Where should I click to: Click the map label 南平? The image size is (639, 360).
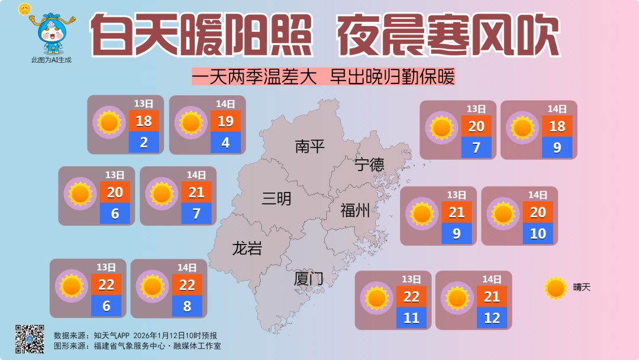coord(310,146)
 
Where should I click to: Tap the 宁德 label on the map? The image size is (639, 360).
coord(370,164)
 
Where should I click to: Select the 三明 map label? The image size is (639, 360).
coord(277,199)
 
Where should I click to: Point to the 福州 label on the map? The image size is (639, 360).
coord(355,210)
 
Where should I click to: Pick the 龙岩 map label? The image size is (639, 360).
coord(247,249)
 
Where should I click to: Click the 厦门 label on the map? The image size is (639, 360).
coord(309,278)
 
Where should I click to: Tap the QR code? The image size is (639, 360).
coord(30,339)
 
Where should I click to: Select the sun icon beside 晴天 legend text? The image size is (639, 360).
coord(556,288)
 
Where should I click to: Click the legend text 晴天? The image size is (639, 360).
coord(582,288)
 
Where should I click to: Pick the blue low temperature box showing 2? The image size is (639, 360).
coord(144,142)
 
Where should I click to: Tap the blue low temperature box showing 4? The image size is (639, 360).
coord(225,143)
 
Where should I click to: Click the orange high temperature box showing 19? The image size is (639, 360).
coord(225,121)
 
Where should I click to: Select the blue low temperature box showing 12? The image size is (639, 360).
coord(492,318)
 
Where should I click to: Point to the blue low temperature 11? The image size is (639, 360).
coord(411,318)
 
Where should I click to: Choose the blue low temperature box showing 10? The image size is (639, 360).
coord(538,233)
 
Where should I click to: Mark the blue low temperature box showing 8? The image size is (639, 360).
coord(187,306)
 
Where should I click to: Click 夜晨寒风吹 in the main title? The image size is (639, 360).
coord(448,36)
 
